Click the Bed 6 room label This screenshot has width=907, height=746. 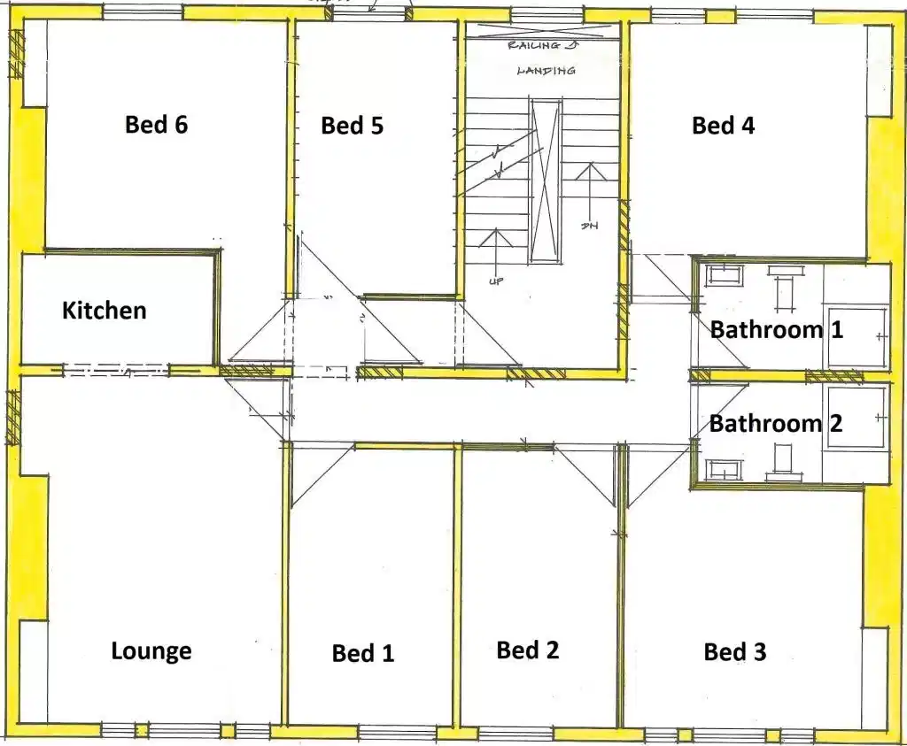pyautogui.click(x=156, y=125)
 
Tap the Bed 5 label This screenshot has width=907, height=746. pyautogui.click(x=352, y=126)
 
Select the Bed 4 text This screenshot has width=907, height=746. pyautogui.click(x=723, y=126)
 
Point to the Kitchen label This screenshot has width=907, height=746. pyautogui.click(x=104, y=311)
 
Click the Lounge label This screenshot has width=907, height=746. pyautogui.click(x=151, y=651)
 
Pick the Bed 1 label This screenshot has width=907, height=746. pyautogui.click(x=362, y=653)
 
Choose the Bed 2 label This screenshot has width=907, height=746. pyautogui.click(x=528, y=650)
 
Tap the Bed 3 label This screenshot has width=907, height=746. pyautogui.click(x=734, y=652)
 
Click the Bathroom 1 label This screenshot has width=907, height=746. pyautogui.click(x=776, y=330)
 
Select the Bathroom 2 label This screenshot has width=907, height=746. pyautogui.click(x=776, y=423)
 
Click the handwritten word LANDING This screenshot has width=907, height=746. pyautogui.click(x=546, y=70)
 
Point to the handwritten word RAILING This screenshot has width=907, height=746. pyautogui.click(x=537, y=44)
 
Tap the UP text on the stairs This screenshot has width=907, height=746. pyautogui.click(x=495, y=281)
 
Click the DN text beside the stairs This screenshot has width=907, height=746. pyautogui.click(x=589, y=226)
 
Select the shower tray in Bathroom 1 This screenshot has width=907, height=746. pyautogui.click(x=857, y=335)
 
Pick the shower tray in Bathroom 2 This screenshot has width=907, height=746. pyautogui.click(x=857, y=415)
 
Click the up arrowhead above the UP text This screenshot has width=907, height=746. pyautogui.click(x=494, y=237)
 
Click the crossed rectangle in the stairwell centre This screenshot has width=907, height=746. pyautogui.click(x=546, y=181)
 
